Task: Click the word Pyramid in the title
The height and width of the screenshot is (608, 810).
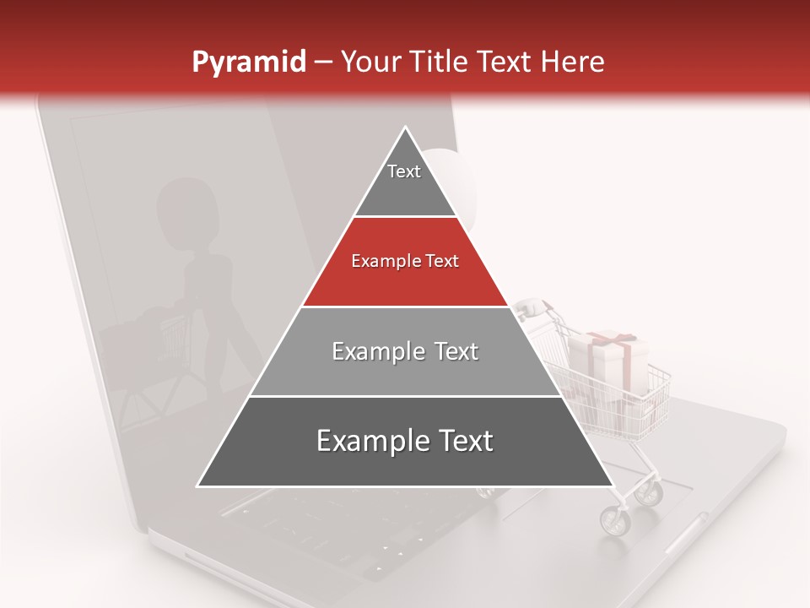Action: point(248,62)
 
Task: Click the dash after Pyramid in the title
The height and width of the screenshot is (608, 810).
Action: point(323,62)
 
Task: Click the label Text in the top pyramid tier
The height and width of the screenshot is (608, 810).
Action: point(404,171)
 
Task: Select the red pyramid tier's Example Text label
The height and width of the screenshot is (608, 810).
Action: point(405,262)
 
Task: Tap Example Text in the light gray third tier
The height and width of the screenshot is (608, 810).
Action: point(405,351)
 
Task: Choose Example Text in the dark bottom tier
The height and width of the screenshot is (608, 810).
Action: point(405,441)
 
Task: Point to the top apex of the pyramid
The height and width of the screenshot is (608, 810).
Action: point(406,128)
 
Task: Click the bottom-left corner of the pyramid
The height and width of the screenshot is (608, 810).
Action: point(198,486)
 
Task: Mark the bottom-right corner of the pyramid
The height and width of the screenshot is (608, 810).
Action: point(613,486)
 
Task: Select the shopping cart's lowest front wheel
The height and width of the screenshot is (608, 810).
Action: point(614,520)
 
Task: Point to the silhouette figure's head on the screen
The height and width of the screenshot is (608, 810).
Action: point(184,204)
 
